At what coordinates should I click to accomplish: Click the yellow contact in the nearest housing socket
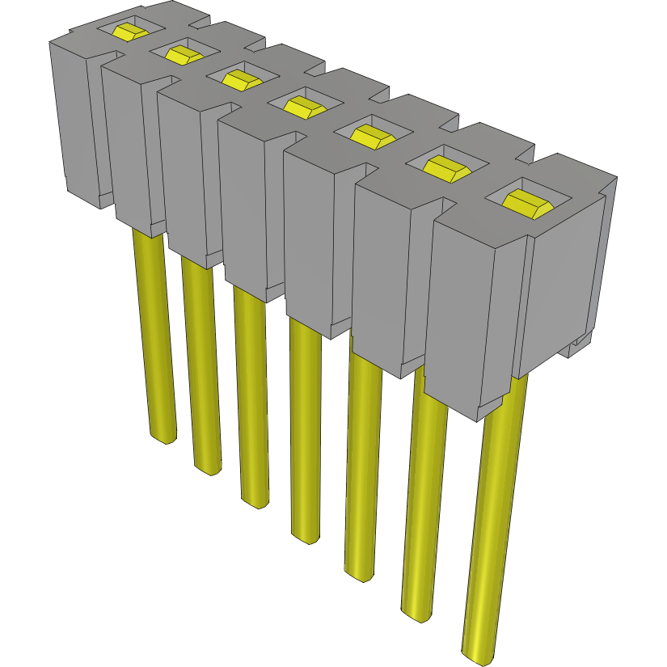(528, 201)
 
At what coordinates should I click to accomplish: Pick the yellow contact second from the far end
(184, 54)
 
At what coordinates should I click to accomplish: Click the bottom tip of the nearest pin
(483, 655)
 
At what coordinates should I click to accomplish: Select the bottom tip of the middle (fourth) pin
(306, 536)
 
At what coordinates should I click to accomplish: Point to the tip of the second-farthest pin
(207, 468)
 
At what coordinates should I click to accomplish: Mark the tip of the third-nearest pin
(361, 573)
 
